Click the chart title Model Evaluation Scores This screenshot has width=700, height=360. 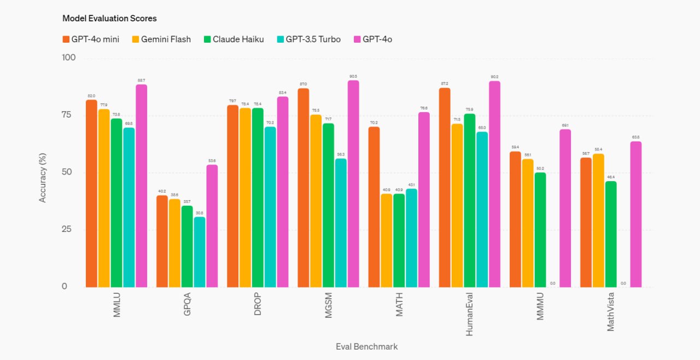[109, 19]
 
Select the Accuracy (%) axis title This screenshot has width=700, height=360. [43, 172]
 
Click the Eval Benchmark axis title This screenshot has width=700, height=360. [366, 347]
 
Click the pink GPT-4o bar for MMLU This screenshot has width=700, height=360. [142, 186]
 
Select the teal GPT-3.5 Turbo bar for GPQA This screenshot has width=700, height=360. [200, 252]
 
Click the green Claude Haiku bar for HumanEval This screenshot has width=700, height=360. [469, 200]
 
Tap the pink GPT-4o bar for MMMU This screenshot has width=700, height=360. [565, 208]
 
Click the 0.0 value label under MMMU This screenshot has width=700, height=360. [552, 283]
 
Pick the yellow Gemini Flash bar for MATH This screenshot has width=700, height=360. [387, 240]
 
